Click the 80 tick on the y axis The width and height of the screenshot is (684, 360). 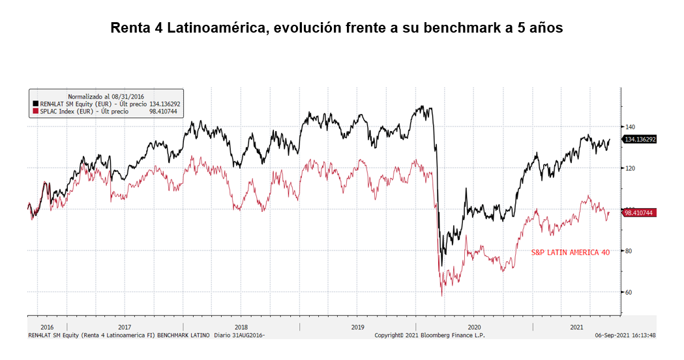630,250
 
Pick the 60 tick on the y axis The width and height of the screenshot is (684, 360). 630,292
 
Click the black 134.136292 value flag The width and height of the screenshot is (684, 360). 640,140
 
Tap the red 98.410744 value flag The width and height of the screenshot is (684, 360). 639,213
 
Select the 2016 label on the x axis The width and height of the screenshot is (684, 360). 47,327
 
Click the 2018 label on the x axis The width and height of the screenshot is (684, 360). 241,327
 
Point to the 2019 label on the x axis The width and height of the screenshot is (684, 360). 357,327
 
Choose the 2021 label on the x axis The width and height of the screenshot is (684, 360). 576,327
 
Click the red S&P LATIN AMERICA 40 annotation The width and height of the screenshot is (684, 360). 571,252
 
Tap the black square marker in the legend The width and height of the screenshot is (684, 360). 35,103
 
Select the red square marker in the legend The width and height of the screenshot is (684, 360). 35,112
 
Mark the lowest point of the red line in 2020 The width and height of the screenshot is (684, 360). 441,296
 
